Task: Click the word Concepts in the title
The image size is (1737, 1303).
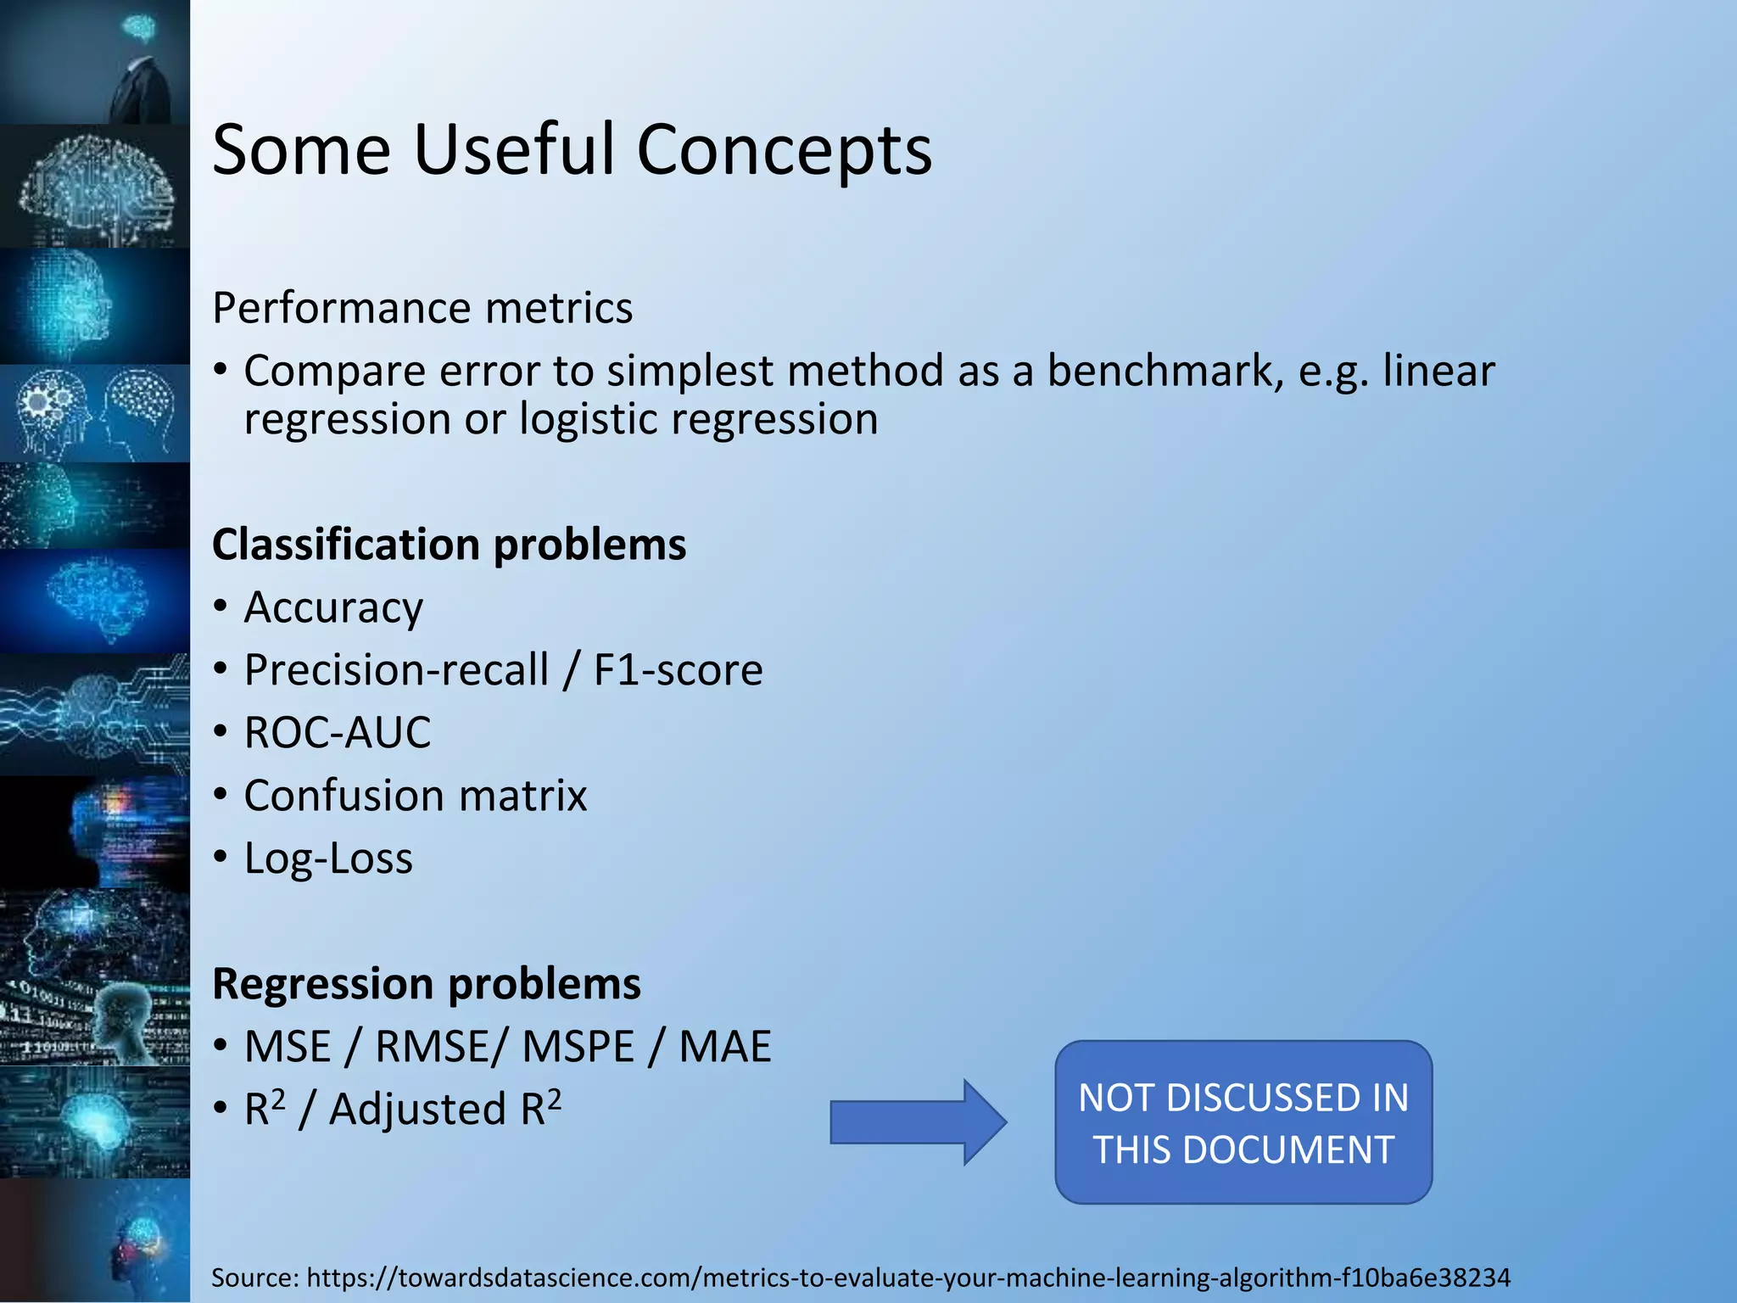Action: [784, 150]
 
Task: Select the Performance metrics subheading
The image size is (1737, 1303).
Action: [422, 308]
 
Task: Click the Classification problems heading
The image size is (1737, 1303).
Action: [449, 545]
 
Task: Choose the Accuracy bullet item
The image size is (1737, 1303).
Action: [333, 607]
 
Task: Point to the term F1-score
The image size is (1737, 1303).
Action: [678, 670]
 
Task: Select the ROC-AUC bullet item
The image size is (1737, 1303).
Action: [338, 733]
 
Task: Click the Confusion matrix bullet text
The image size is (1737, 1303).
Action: [416, 796]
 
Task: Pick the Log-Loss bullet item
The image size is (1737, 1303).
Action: [328, 858]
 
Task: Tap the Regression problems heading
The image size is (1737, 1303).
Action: [426, 984]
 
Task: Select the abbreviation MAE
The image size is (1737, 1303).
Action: [725, 1047]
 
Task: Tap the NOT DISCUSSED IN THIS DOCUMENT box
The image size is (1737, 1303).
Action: [1243, 1122]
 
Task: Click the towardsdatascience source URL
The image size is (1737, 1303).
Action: [908, 1278]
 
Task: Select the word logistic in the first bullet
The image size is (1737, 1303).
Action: [589, 420]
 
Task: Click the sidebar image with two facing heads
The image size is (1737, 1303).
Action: [95, 413]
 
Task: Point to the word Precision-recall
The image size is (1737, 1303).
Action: [396, 670]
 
